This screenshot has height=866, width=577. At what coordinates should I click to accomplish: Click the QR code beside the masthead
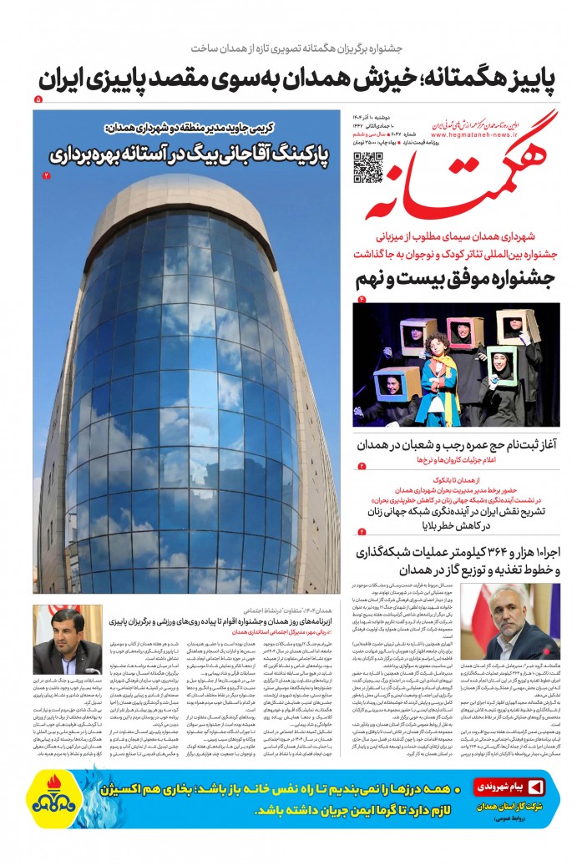tap(368, 167)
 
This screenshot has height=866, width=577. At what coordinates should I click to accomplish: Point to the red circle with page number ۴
tap(362, 298)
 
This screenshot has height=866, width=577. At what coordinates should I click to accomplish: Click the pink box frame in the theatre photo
tap(464, 332)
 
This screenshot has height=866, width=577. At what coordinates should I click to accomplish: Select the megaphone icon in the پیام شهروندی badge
tap(535, 787)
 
